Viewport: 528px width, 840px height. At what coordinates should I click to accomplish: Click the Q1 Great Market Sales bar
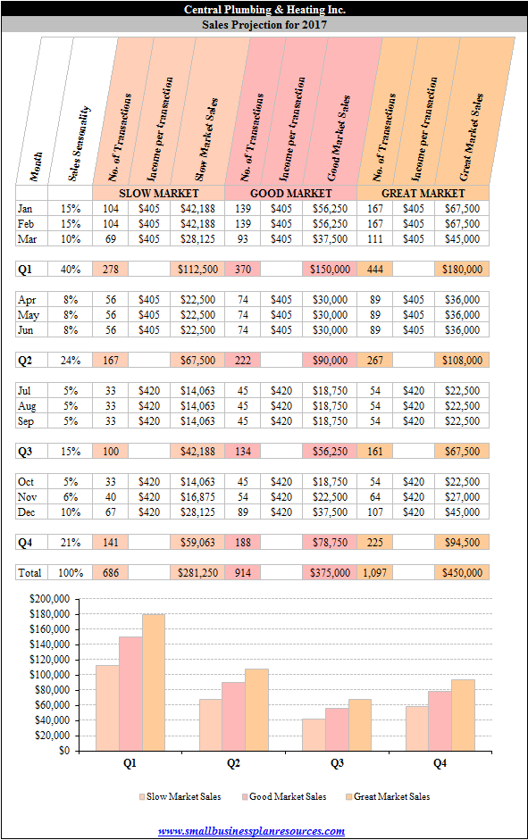(154, 682)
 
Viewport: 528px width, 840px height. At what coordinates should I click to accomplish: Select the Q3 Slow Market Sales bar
(314, 735)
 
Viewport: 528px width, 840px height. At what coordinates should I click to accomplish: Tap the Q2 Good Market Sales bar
(233, 716)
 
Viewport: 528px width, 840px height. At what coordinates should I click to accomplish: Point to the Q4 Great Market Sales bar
(463, 715)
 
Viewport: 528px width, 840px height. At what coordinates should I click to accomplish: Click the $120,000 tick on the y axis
(49, 660)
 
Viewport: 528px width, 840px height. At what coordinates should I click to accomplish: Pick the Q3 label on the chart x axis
(337, 763)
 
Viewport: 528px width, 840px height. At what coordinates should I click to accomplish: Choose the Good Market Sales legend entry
(284, 796)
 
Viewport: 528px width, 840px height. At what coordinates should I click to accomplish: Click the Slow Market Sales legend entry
(180, 796)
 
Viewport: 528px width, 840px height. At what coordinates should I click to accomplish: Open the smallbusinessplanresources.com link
(251, 831)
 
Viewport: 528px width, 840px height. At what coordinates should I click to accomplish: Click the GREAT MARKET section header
(423, 193)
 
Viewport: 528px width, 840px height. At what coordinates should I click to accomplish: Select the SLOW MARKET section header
(159, 193)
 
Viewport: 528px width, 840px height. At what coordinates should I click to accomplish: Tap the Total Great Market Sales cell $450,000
(462, 573)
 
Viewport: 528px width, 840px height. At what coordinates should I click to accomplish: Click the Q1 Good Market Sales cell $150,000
(330, 269)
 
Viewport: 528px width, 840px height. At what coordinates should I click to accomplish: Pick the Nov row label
(28, 496)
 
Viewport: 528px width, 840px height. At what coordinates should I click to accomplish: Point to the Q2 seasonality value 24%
(71, 360)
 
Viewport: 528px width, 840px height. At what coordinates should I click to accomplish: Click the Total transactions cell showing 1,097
(374, 573)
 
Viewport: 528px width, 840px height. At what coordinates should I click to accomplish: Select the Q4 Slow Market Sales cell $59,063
(197, 542)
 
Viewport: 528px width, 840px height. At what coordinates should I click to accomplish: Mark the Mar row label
(28, 239)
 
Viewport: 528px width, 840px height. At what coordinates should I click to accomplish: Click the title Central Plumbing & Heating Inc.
(264, 9)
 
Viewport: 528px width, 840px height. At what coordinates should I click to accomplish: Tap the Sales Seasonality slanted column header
(79, 143)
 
